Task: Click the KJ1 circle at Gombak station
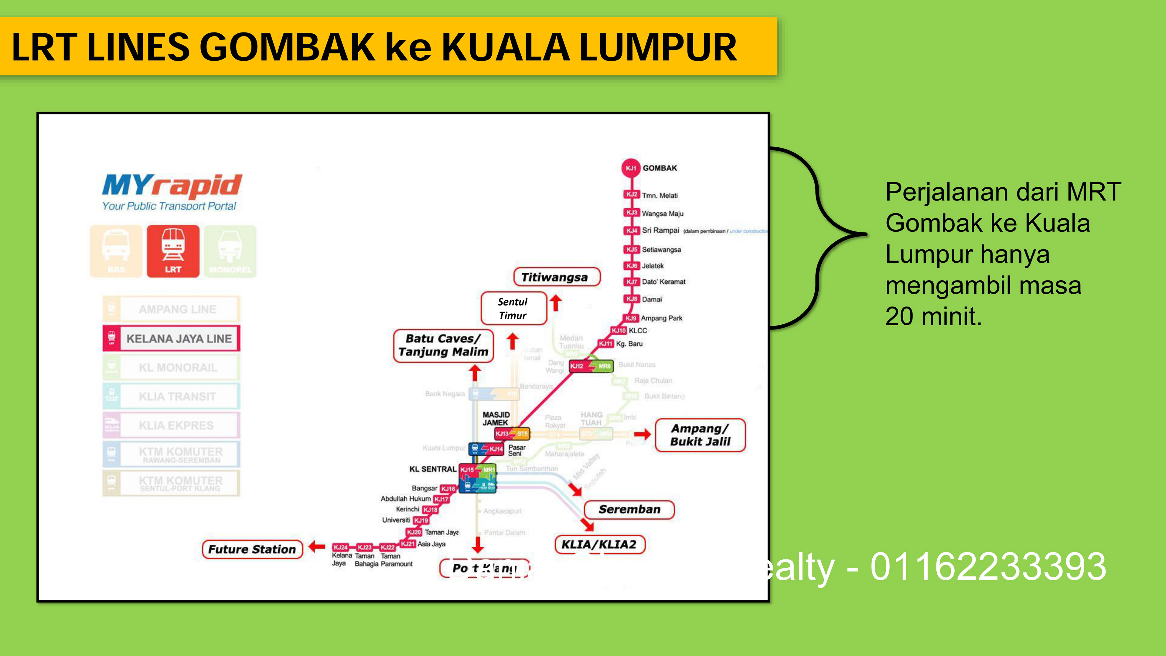631,168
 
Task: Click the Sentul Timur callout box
513,308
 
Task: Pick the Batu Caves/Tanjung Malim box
443,345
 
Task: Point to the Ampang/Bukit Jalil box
700,435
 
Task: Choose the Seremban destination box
629,509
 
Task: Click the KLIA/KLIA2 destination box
599,544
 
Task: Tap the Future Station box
252,549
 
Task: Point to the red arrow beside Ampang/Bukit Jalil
642,435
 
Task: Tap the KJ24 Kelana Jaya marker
340,547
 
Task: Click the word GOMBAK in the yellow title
287,47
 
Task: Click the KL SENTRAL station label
433,469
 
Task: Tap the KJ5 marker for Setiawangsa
632,249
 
